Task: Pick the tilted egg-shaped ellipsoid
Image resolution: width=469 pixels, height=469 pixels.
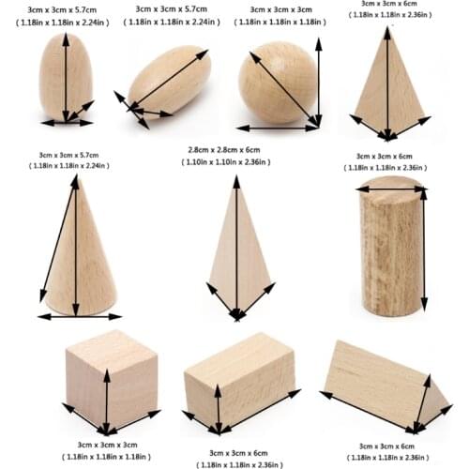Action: (169, 81)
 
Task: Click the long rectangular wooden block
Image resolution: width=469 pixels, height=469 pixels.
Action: (239, 385)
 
